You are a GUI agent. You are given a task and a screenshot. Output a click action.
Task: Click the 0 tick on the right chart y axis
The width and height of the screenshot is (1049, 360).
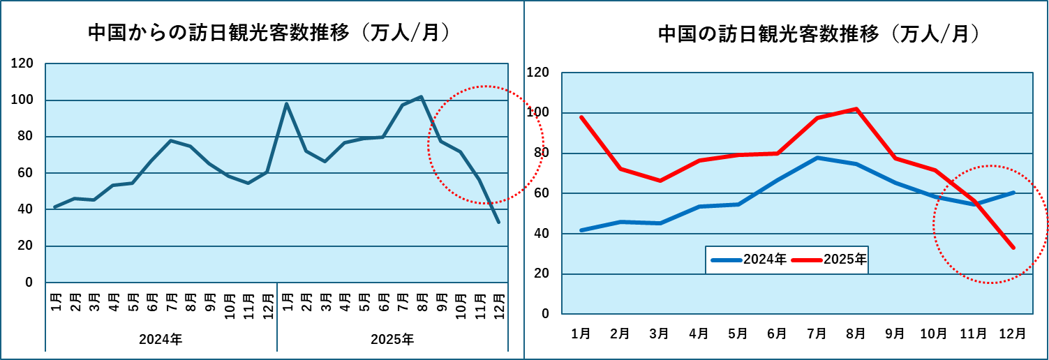pos(546,314)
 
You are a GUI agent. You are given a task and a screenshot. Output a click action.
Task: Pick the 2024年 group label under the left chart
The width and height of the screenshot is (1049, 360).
pos(161,340)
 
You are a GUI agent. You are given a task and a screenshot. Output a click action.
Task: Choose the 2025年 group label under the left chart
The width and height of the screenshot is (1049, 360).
pos(392,340)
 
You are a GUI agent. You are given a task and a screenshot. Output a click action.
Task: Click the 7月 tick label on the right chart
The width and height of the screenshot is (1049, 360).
pos(817,333)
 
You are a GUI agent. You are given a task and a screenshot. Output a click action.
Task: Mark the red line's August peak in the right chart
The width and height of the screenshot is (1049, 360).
pos(856,109)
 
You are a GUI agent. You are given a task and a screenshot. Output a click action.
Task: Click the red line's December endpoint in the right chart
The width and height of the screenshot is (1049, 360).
pos(1013,248)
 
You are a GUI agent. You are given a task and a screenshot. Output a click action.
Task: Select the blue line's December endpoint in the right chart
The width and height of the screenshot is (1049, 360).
pos(1013,192)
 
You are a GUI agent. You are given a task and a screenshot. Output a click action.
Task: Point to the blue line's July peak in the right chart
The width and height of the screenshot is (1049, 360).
pos(817,158)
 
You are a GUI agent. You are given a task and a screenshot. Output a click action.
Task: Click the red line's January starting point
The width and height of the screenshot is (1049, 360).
pos(581,117)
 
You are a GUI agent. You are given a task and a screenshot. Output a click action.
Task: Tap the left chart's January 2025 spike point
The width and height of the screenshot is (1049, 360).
pos(286,104)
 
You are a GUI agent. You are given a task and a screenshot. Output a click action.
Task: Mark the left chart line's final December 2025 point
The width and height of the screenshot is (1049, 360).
pos(498,222)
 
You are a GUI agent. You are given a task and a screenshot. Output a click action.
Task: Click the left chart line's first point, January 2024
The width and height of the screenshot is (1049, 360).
pos(55,207)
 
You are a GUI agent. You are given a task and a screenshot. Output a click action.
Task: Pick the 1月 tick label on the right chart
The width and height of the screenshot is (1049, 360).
pos(581,333)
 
